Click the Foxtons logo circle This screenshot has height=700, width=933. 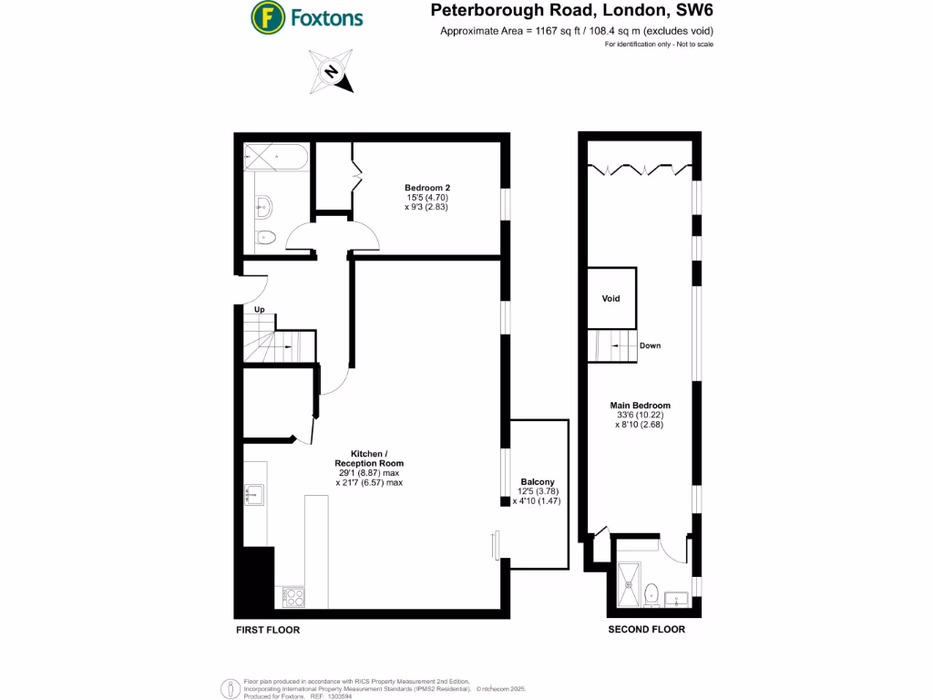[266, 16]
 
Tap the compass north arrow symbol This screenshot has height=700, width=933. [333, 72]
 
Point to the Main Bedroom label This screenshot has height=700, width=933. [641, 406]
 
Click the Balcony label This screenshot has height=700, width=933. [538, 481]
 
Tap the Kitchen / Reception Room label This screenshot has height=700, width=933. [369, 458]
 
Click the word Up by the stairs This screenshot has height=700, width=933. [259, 311]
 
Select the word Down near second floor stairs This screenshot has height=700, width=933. [650, 346]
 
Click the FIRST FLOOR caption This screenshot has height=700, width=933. [268, 630]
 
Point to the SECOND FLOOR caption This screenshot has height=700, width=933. [647, 630]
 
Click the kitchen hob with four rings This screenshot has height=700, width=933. [293, 597]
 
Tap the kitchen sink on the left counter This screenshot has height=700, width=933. [253, 495]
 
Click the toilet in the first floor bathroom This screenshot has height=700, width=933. [266, 238]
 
